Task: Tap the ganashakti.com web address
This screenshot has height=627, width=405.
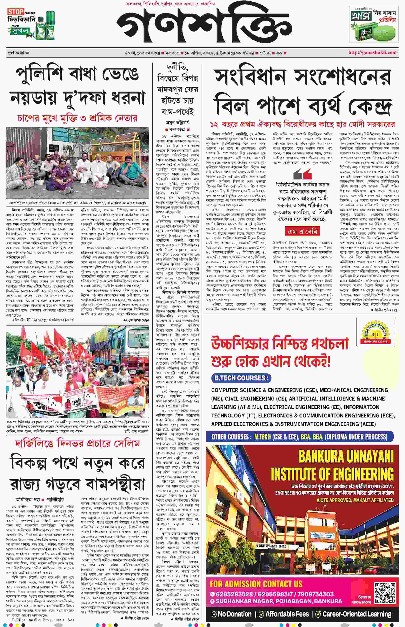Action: (372, 52)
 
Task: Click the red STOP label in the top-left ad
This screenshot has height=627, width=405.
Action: (15, 12)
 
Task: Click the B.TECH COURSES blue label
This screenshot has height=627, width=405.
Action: (241, 378)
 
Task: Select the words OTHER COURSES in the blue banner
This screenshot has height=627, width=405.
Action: (230, 437)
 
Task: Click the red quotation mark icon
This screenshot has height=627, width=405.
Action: (307, 174)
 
